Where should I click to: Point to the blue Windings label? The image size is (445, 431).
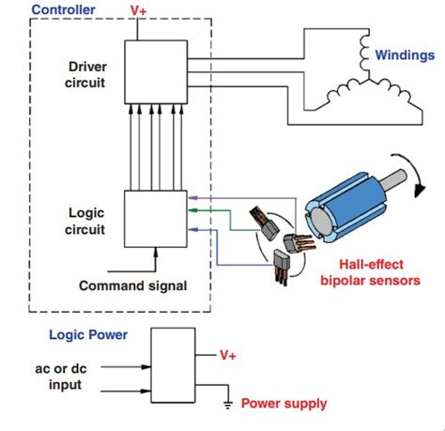coord(405,56)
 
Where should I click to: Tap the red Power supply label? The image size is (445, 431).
coord(284,405)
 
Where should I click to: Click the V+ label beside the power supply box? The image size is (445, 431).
coord(228,355)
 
